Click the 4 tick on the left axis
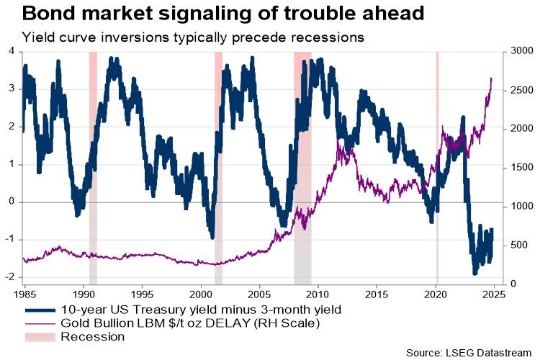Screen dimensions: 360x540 (x=12, y=50)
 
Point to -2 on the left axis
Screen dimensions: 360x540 (x=10, y=277)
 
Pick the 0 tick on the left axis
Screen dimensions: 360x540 (x=12, y=202)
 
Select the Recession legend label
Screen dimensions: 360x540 (x=93, y=336)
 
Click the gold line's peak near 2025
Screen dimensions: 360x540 (x=491, y=78)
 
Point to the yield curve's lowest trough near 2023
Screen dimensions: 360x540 (x=474, y=274)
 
